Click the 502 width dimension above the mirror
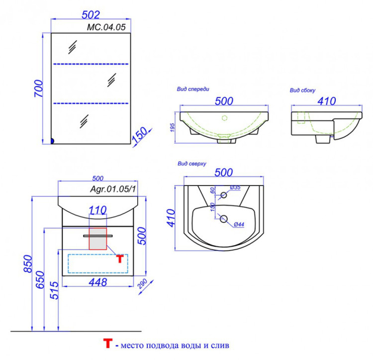(x=91, y=15)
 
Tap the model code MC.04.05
(x=106, y=27)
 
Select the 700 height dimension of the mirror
(x=39, y=89)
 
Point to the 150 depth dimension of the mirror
(x=140, y=135)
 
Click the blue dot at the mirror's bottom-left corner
(x=52, y=141)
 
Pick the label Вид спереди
(x=193, y=89)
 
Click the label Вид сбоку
(x=302, y=90)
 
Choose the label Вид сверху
(x=192, y=164)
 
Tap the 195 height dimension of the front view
(x=173, y=127)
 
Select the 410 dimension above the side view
(x=327, y=101)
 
